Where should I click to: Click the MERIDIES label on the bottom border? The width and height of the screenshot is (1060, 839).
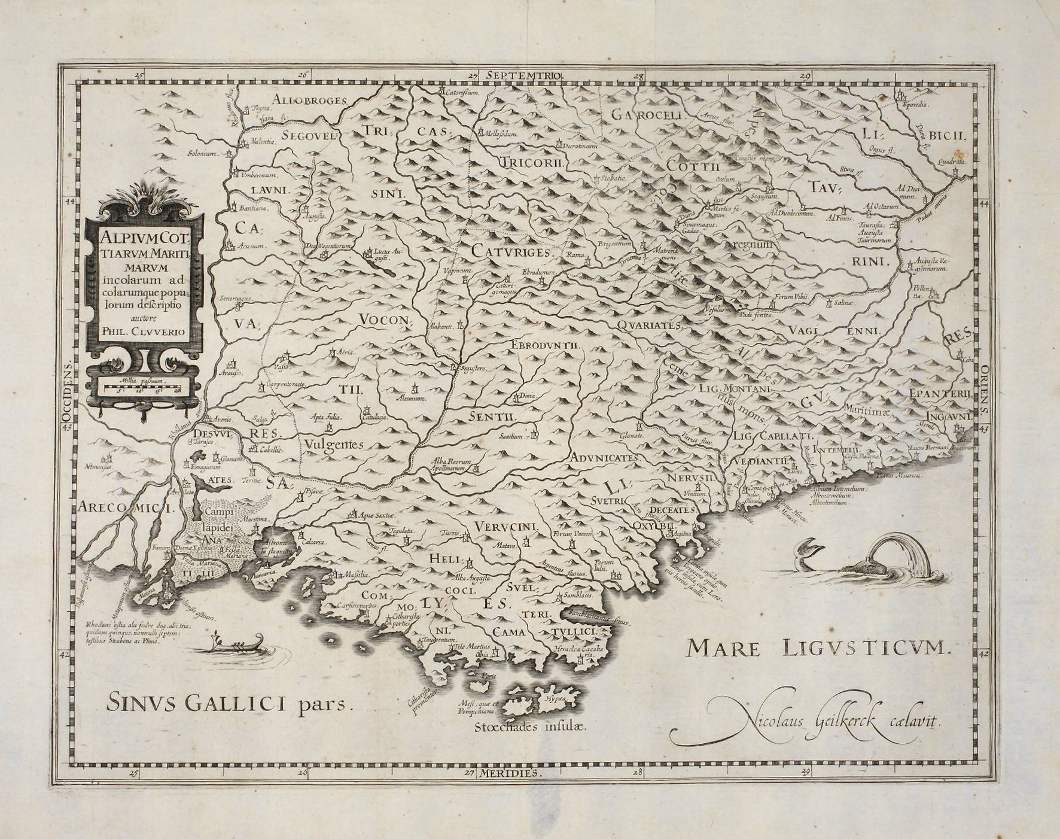tap(519, 773)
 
